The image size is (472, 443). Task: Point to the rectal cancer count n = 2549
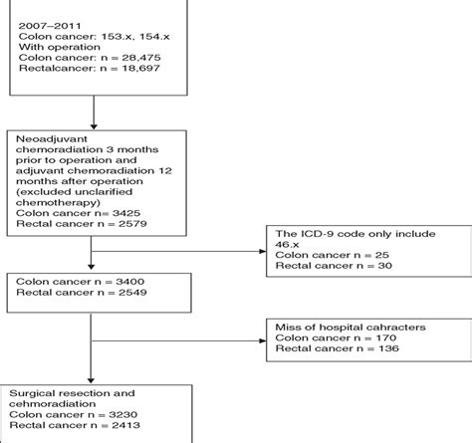tap(113, 296)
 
